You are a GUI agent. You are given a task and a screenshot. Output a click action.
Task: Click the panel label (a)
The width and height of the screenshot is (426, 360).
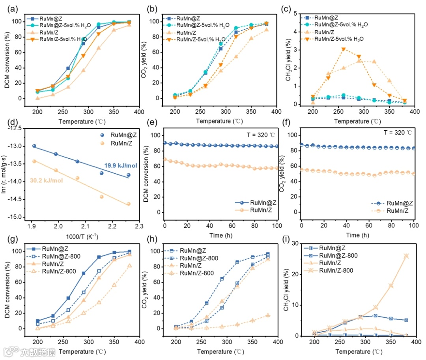tap(11, 7)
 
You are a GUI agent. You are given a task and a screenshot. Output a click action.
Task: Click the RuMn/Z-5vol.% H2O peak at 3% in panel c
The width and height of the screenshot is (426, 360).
tap(344, 49)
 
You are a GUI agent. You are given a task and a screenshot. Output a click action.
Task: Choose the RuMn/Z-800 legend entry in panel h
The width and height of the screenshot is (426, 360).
tap(196, 273)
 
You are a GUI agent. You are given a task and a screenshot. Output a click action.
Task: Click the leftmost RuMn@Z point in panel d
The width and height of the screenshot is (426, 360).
tap(34, 146)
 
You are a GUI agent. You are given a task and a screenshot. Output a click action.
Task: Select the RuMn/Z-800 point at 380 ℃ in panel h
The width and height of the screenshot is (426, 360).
tap(268, 315)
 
